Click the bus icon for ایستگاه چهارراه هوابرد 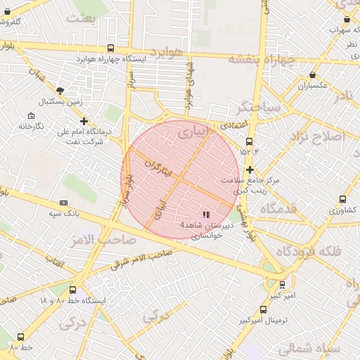(111, 48)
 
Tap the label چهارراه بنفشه (263, 60)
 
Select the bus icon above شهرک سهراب (331, 20)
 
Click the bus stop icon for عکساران (312, 75)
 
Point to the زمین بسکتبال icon (60, 91)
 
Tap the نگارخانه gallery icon (31, 116)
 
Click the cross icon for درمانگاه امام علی (84, 121)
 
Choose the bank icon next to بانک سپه (64, 202)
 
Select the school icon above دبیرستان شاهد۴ (206, 214)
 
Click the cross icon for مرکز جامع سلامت (250, 169)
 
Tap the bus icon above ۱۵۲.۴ (249, 141)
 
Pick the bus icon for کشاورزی (342, 200)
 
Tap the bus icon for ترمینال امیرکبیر (263, 309)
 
